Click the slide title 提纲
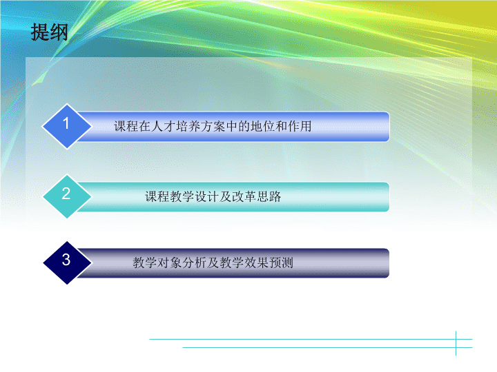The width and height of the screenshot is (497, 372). click(x=49, y=32)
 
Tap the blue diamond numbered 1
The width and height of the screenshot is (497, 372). click(x=67, y=126)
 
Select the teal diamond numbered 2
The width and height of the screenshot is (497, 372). click(x=67, y=196)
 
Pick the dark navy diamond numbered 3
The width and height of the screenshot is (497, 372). click(x=67, y=262)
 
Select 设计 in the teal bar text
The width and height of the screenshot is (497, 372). click(x=207, y=196)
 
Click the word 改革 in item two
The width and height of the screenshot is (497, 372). click(x=244, y=196)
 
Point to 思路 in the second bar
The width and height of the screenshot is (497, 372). click(x=269, y=196)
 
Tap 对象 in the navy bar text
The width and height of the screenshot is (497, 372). click(x=170, y=262)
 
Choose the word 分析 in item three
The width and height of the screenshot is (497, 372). click(x=194, y=262)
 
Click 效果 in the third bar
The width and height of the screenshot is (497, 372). click(x=256, y=262)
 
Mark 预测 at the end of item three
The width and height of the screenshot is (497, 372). click(x=281, y=262)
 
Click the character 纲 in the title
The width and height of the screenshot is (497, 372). click(x=59, y=32)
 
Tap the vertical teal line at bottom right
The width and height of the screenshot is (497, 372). click(x=456, y=343)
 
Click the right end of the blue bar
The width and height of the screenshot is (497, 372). click(x=389, y=127)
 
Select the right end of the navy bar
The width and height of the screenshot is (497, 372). click(x=389, y=263)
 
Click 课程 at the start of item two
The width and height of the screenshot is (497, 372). click(x=157, y=196)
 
